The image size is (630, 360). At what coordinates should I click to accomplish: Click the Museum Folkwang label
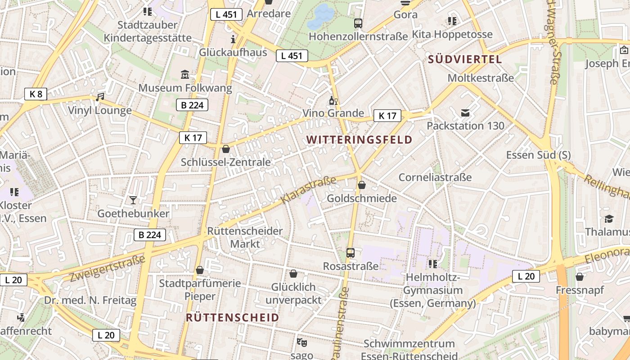185,88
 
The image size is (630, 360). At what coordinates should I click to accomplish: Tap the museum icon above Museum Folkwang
185,74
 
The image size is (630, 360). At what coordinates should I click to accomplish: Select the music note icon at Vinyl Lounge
100,97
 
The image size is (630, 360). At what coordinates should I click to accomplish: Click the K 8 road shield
36,94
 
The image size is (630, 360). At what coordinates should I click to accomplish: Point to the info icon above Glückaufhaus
233,39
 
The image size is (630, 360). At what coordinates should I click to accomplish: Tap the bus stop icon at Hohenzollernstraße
358,23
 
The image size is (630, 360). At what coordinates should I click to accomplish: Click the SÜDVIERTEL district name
465,59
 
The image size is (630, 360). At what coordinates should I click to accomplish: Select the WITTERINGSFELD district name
360,139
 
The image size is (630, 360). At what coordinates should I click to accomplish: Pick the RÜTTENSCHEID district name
233,318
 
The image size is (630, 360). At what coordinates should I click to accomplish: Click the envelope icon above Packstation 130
465,112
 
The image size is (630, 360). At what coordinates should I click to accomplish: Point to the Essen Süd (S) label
538,155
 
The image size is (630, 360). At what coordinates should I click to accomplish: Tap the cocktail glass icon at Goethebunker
133,200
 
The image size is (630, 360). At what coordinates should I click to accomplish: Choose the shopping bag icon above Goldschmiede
362,185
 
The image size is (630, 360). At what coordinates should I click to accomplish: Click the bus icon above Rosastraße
351,253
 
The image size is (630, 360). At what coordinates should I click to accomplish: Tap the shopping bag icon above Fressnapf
580,277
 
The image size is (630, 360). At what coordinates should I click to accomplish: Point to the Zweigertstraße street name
108,268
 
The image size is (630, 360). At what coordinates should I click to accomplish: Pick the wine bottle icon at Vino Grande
333,100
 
